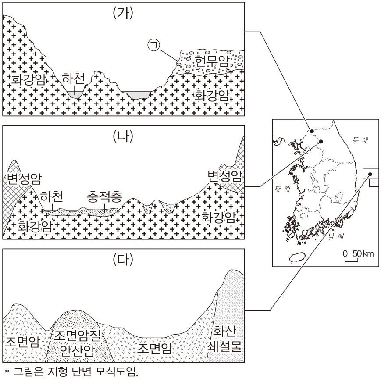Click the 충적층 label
coord(104,196)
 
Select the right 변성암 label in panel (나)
coord(225,175)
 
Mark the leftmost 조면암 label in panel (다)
coord(21,341)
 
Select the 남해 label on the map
coord(335,237)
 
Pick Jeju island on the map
coord(296,258)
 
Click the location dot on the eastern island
coord(369,173)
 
